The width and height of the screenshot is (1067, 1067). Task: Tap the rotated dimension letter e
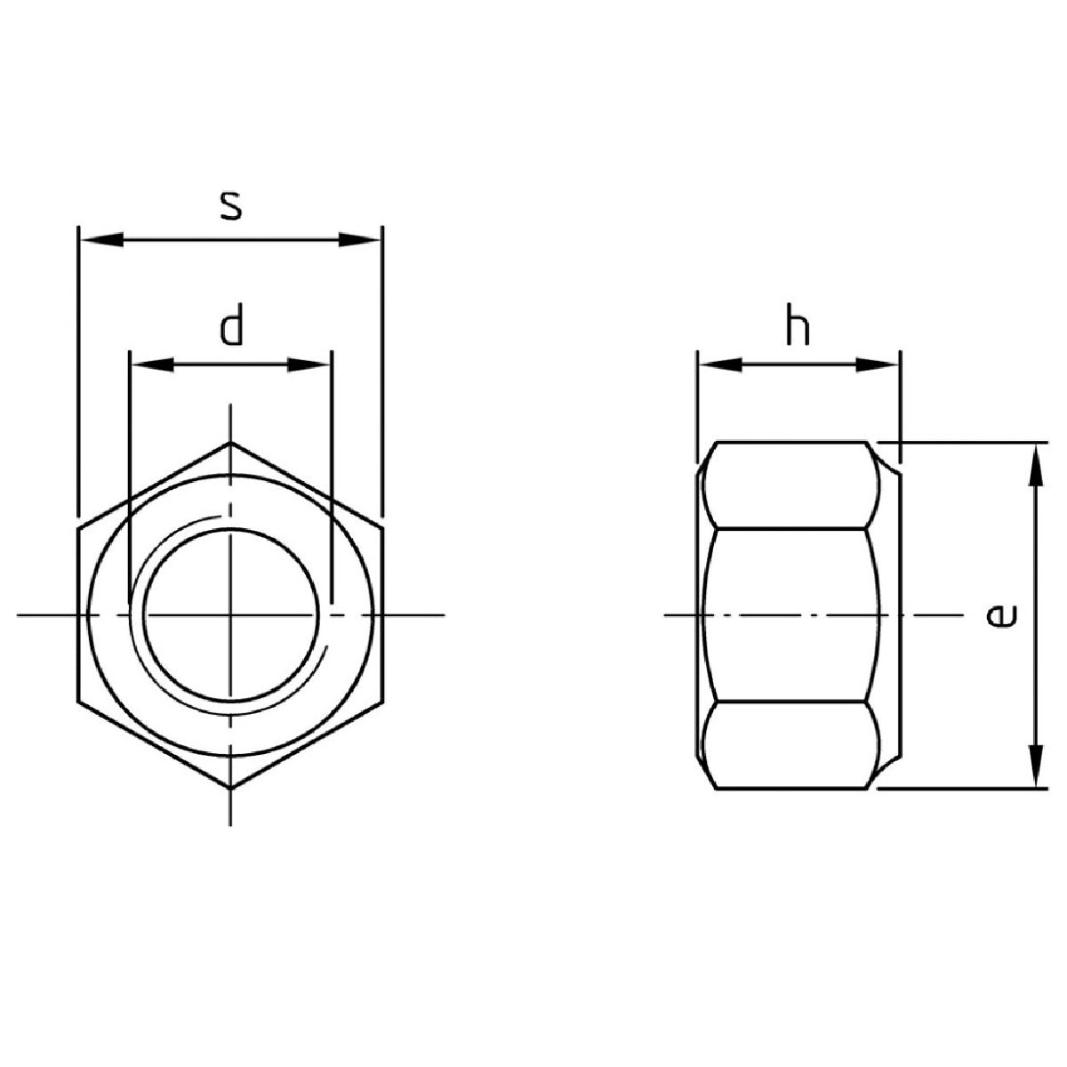[x=1002, y=615]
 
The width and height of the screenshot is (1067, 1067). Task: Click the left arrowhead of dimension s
[x=102, y=240]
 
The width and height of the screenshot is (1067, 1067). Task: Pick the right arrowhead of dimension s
[x=359, y=240]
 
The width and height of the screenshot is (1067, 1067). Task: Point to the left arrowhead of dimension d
[x=152, y=365]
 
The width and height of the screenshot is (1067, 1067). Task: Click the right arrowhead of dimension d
[x=309, y=365]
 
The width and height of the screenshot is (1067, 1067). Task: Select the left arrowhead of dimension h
[x=721, y=365]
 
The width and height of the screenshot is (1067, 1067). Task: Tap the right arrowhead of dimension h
[x=877, y=365]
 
